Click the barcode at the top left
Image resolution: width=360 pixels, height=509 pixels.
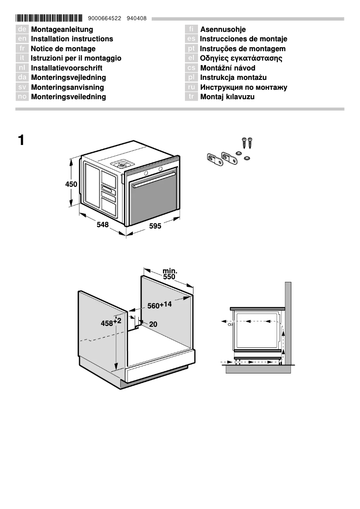pyautogui.click(x=49, y=18)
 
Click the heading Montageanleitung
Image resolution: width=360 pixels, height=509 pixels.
pyautogui.click(x=62, y=30)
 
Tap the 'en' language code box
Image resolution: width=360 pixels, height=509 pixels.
pyautogui.click(x=22, y=39)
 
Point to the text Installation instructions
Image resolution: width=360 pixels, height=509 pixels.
pyautogui.click(x=72, y=39)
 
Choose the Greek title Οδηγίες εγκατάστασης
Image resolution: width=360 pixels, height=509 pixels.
pyautogui.click(x=241, y=58)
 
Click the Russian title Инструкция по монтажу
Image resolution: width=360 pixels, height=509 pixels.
pyautogui.click(x=244, y=88)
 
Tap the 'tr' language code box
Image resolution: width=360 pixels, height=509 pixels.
pyautogui.click(x=191, y=97)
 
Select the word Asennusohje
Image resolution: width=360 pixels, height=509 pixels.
pyautogui.click(x=223, y=30)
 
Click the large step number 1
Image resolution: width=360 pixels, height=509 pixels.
pyautogui.click(x=21, y=140)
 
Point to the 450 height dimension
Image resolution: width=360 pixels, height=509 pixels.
pyautogui.click(x=71, y=184)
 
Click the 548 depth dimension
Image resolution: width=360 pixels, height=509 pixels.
pyautogui.click(x=103, y=224)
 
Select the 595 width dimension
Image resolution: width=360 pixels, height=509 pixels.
pyautogui.click(x=155, y=227)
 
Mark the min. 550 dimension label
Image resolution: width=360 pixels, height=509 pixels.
pyautogui.click(x=169, y=274)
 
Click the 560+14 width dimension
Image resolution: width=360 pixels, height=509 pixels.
pyautogui.click(x=159, y=305)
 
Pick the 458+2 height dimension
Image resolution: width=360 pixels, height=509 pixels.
pyautogui.click(x=111, y=322)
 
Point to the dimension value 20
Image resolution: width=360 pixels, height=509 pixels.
pyautogui.click(x=153, y=324)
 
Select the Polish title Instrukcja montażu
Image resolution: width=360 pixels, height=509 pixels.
pyautogui.click(x=233, y=78)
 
